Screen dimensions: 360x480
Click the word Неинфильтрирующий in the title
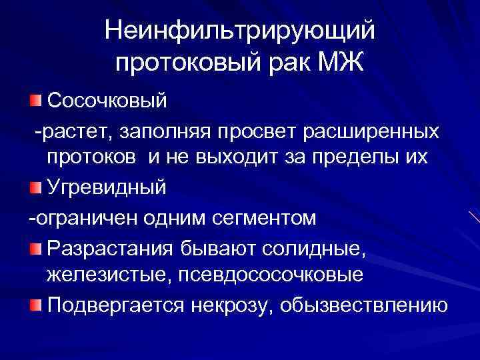241,30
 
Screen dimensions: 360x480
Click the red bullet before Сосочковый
35,101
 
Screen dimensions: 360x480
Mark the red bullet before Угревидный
35,188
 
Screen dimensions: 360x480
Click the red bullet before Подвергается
35,304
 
